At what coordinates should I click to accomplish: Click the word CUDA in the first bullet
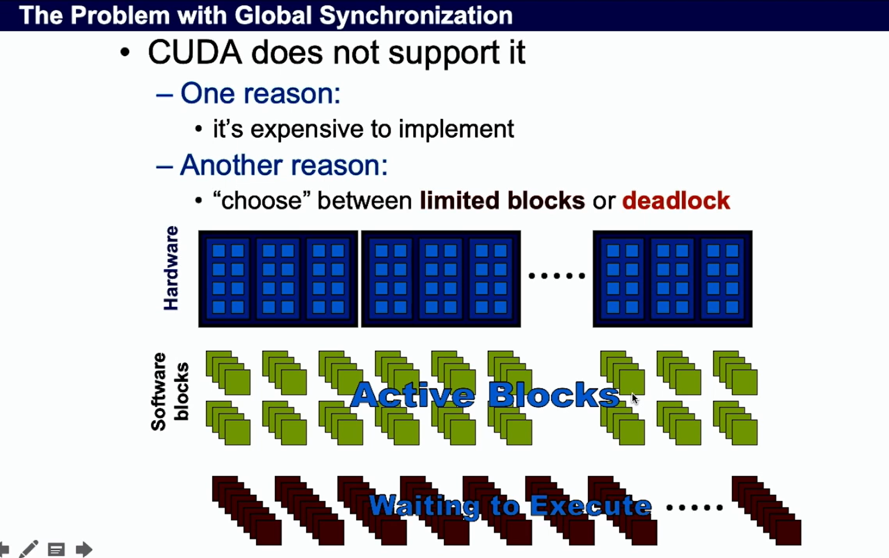[x=195, y=53]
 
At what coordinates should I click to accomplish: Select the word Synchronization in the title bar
[x=416, y=15]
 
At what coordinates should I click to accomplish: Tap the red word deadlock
[x=676, y=201]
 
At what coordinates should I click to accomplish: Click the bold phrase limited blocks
[x=502, y=201]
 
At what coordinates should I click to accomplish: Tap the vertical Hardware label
[x=171, y=268]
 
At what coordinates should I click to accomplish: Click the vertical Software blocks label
[x=169, y=391]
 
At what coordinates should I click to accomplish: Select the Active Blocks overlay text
[x=485, y=395]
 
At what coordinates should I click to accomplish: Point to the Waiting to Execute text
[x=510, y=506]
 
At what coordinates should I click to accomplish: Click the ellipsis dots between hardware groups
[x=557, y=276]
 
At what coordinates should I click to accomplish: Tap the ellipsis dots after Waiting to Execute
[x=694, y=507]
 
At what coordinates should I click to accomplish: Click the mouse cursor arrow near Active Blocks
[x=634, y=398]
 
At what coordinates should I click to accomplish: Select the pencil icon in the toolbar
[x=29, y=549]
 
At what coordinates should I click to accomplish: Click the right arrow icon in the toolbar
[x=83, y=549]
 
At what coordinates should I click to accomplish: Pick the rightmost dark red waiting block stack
[x=766, y=510]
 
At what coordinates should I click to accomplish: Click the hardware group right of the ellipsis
[x=672, y=279]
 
